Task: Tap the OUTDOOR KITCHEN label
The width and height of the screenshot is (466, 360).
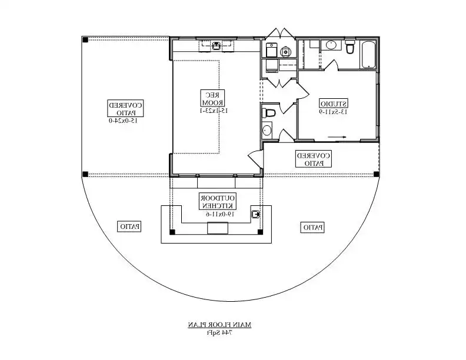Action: [218, 201]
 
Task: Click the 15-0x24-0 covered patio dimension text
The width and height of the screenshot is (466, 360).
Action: [122, 121]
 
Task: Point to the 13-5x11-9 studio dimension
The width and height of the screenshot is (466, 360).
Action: [334, 112]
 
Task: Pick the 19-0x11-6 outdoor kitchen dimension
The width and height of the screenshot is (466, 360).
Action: [217, 214]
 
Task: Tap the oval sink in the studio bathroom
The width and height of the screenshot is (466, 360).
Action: [331, 45]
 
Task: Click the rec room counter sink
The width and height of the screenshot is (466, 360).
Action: [216, 45]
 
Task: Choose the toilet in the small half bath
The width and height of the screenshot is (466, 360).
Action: [269, 112]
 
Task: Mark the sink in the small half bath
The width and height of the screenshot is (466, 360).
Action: [267, 130]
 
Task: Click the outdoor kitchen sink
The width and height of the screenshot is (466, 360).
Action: [256, 214]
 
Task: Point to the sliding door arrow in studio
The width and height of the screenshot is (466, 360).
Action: [337, 137]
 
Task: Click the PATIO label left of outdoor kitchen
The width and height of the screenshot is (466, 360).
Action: [130, 226]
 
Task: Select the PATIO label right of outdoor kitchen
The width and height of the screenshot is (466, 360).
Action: [312, 227]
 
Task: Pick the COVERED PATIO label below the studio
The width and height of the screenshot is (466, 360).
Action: [314, 159]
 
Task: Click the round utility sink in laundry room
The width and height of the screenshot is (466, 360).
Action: [287, 50]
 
